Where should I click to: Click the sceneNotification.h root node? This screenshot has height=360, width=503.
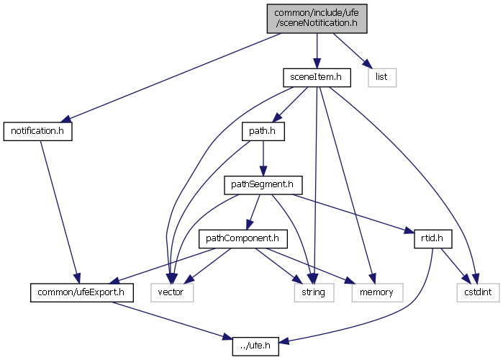(316, 17)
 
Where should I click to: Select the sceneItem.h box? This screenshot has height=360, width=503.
(316, 76)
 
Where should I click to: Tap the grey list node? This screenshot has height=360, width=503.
(382, 76)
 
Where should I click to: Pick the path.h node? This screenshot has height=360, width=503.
(263, 132)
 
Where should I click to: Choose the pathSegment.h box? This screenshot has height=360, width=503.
(262, 184)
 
